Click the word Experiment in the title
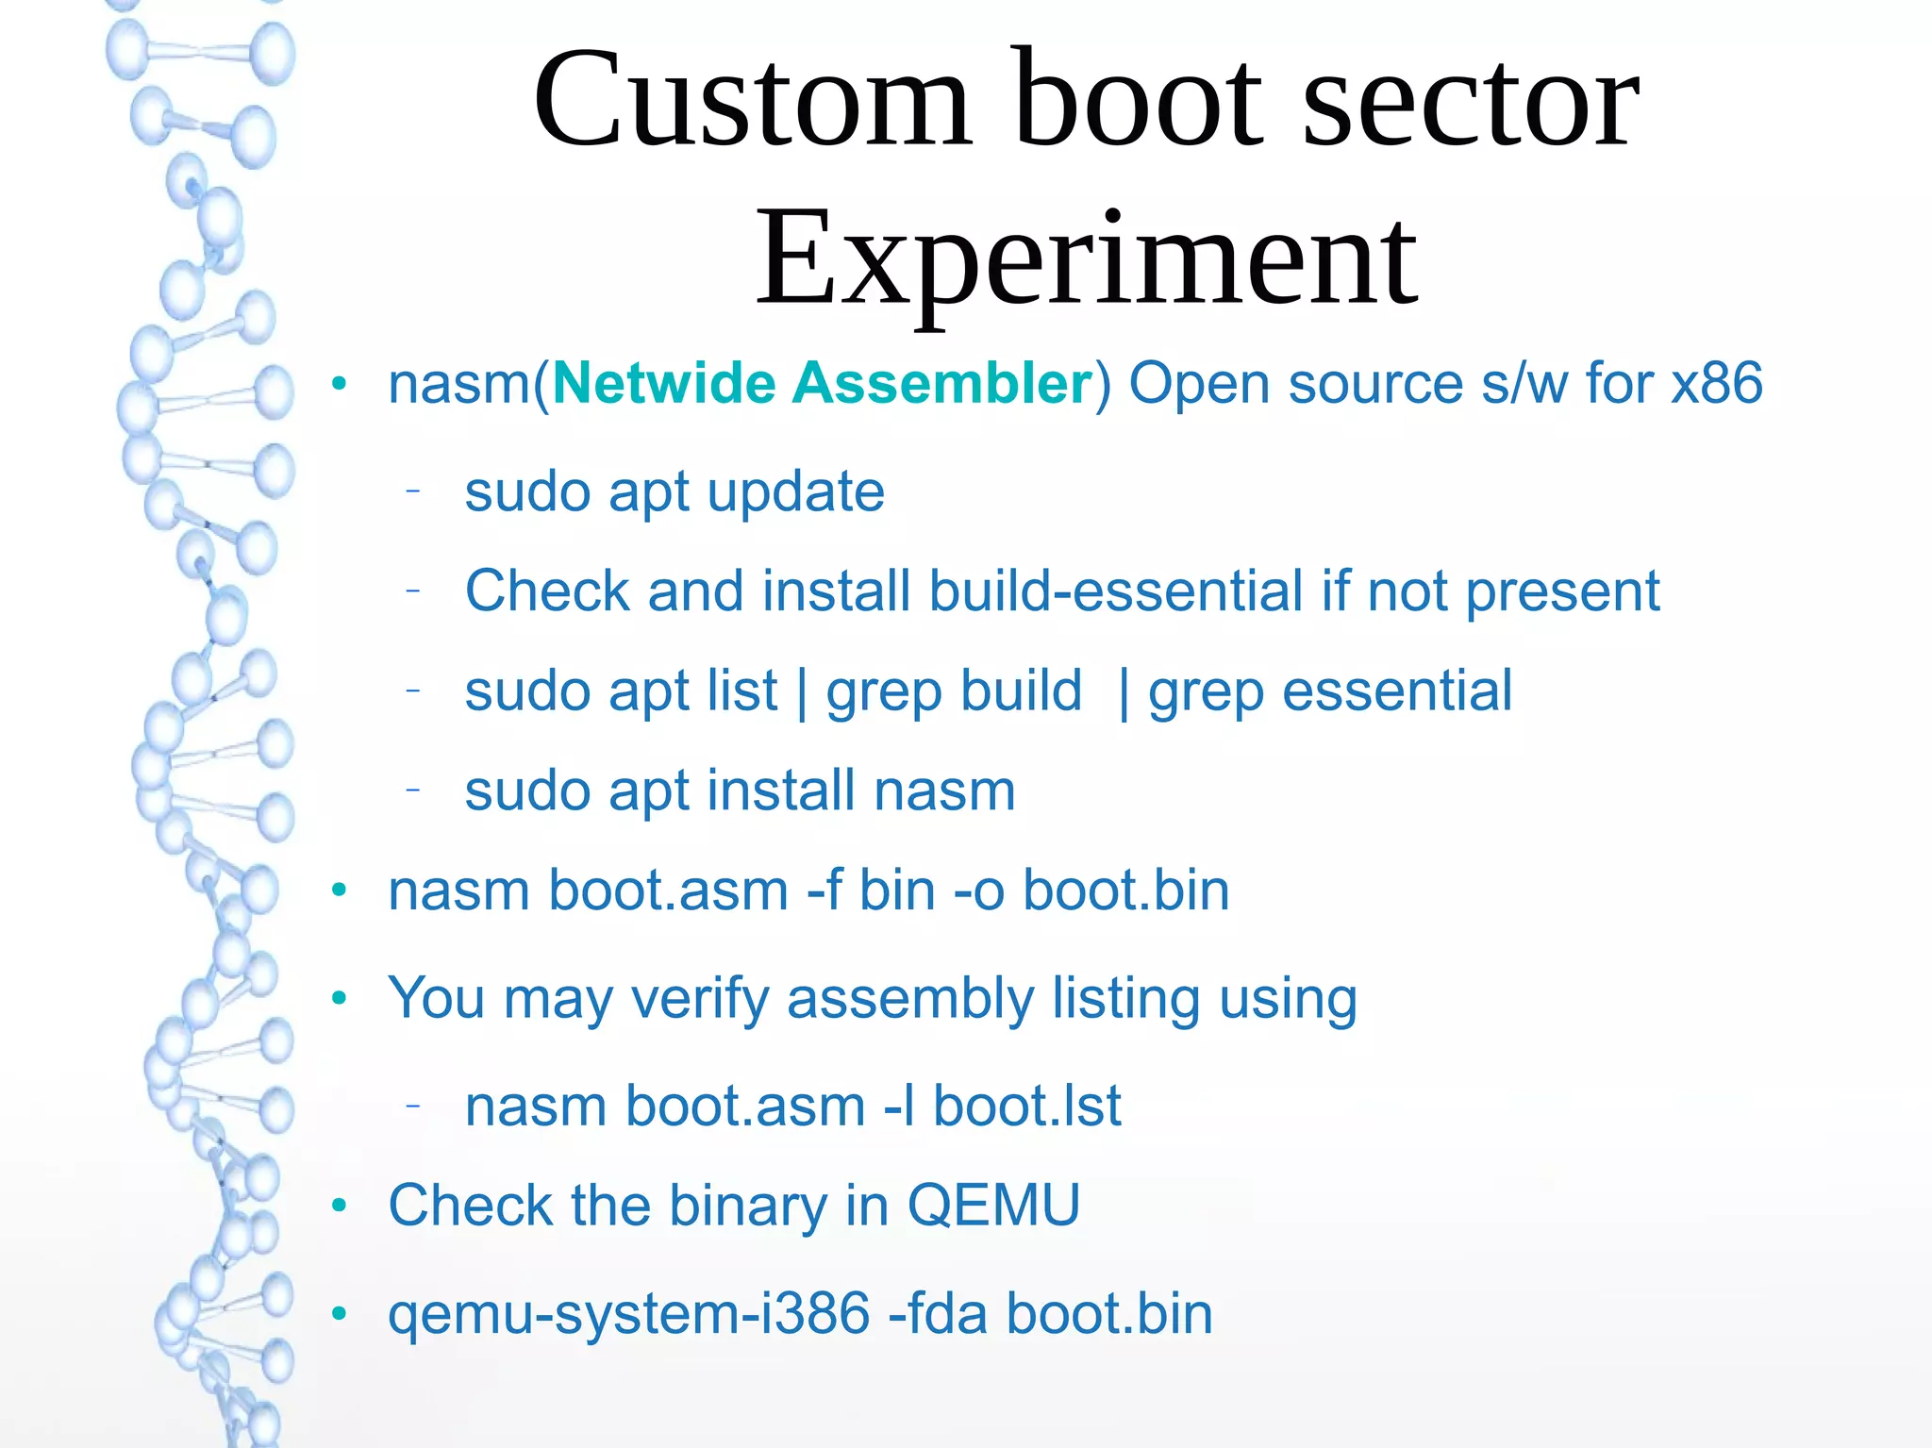pyautogui.click(x=1086, y=260)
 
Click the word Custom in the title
pyautogui.click(x=752, y=101)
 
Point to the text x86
pyautogui.click(x=1717, y=384)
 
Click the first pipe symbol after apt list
pyautogui.click(x=802, y=692)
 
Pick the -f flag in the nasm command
pyautogui.click(x=824, y=890)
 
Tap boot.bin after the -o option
pyautogui.click(x=1126, y=890)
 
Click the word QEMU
pyautogui.click(x=993, y=1206)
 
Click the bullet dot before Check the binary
pyautogui.click(x=340, y=1206)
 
